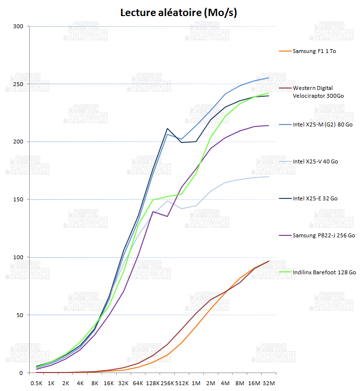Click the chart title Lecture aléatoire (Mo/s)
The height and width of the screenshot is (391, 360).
(179, 13)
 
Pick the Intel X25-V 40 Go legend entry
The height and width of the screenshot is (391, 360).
(315, 161)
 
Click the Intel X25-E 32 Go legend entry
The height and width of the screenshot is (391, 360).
(315, 198)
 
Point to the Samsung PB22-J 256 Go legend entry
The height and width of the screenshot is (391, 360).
(324, 235)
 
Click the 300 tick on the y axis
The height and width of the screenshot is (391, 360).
(18, 26)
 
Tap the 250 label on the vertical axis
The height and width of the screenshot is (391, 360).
(18, 84)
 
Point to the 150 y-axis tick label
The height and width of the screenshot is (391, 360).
(18, 199)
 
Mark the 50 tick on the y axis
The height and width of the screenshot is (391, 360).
(19, 315)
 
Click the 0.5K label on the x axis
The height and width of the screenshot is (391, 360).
(36, 383)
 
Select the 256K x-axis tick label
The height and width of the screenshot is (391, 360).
(167, 383)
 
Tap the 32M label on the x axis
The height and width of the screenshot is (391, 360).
(269, 383)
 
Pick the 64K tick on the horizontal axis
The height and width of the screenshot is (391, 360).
(138, 383)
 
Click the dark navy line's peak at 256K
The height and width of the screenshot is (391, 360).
(167, 128)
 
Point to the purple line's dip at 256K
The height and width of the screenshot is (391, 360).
(167, 216)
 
